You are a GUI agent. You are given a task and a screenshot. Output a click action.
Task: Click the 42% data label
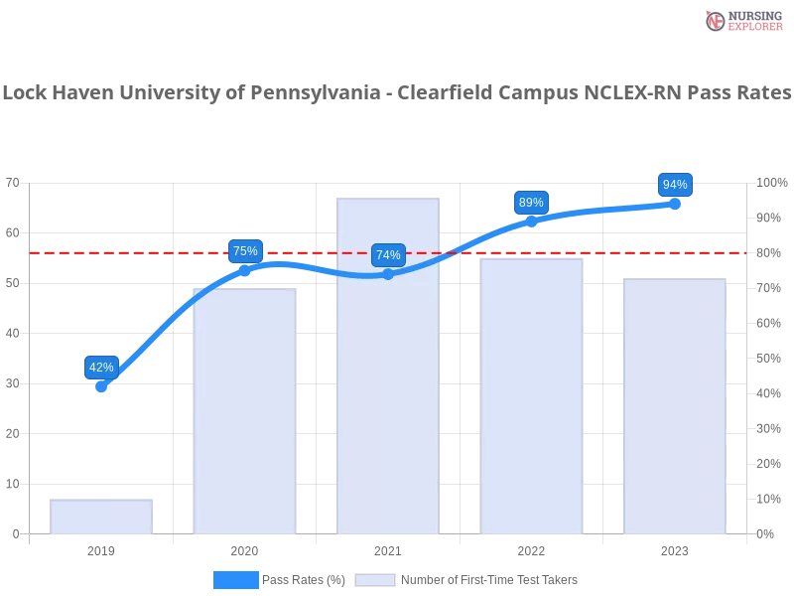(101, 367)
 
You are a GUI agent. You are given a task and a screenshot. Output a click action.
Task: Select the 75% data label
(245, 251)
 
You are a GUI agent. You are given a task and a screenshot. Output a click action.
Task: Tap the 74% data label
(388, 255)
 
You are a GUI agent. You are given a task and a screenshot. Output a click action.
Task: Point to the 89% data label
(531, 203)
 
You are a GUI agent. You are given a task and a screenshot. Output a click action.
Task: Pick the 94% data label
(675, 185)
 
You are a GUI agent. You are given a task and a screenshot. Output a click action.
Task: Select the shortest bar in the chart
(102, 516)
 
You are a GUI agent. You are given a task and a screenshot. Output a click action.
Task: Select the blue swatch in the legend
(236, 579)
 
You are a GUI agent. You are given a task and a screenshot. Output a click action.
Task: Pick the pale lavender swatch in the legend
(375, 580)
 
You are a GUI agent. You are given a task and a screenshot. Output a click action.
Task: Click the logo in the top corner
(741, 20)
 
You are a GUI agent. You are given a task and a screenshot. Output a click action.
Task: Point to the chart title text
(397, 93)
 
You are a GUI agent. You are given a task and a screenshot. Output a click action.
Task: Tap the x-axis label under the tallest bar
(388, 549)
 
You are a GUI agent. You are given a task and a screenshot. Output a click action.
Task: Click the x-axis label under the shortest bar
(102, 549)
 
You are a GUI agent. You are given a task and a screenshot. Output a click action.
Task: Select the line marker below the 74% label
(388, 274)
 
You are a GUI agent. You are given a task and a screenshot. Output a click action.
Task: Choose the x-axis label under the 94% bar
(675, 549)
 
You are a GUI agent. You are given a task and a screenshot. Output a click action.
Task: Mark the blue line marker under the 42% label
(102, 387)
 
